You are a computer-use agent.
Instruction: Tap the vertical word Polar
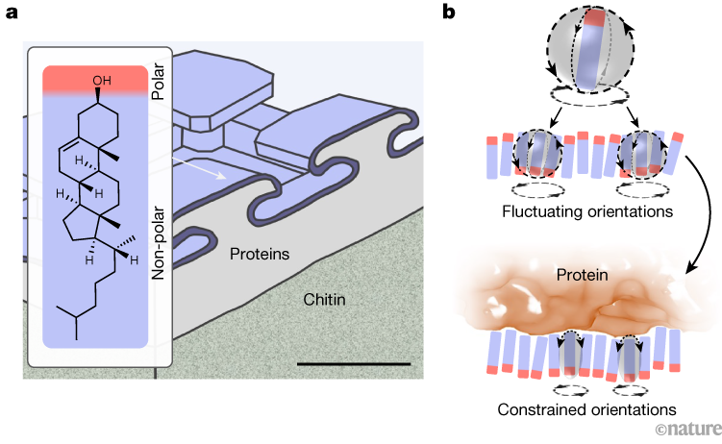click(x=159, y=84)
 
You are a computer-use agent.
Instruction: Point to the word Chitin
click(x=320, y=301)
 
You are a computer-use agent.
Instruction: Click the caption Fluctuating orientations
click(x=585, y=210)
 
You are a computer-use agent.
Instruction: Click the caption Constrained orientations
click(x=583, y=410)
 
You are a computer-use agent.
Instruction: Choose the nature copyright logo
click(x=686, y=428)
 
